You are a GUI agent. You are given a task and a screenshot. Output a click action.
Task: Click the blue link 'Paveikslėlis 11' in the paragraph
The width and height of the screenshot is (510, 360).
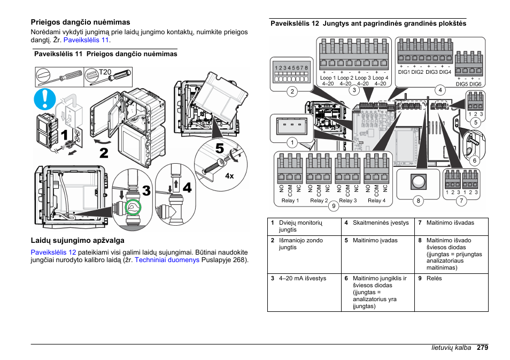[86, 40]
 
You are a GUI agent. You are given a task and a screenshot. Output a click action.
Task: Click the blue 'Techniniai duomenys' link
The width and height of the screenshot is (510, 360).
[167, 260]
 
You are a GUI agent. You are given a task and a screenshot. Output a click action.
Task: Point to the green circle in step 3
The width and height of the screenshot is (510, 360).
[132, 207]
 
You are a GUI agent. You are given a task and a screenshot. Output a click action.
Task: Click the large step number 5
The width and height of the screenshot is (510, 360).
[220, 149]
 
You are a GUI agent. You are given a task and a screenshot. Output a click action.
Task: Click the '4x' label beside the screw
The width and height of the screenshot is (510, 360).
[230, 175]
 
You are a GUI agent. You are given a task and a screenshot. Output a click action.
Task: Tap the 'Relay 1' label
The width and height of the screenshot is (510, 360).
[290, 201]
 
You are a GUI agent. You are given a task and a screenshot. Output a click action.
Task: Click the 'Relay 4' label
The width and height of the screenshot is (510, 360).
[376, 201]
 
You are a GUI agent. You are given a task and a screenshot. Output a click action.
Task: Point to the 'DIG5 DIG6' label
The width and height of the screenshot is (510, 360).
[469, 84]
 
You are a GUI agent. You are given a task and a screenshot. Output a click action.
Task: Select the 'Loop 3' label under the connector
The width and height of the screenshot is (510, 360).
[362, 78]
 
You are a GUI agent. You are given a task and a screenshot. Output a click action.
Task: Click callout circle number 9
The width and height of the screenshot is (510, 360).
[333, 206]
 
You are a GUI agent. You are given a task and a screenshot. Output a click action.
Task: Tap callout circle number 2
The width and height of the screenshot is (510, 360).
[292, 91]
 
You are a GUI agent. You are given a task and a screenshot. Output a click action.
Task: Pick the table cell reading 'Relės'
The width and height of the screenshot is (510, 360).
[434, 279]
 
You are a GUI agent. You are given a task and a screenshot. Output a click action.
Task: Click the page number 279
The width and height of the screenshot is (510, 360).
[483, 348]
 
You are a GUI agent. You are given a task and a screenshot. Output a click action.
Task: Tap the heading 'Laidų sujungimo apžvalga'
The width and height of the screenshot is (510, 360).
[78, 241]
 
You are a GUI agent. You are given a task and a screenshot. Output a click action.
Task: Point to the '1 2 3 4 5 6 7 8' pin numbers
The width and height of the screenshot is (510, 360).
[291, 68]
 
